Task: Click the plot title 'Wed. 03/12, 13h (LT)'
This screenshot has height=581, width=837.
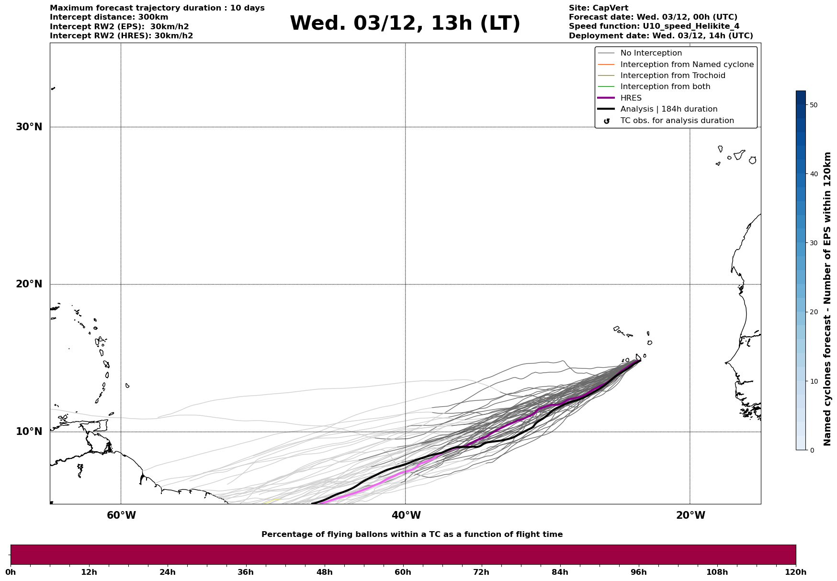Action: [x=405, y=23]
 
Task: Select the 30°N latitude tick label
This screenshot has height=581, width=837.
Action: [x=29, y=127]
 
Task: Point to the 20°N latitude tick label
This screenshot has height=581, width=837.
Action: [x=29, y=284]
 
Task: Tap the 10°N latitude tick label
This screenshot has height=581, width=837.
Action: [x=29, y=432]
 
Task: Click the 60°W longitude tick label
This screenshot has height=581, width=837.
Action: [x=121, y=515]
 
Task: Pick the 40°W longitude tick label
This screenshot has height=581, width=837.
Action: [x=406, y=515]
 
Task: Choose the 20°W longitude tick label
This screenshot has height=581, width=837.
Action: [x=690, y=515]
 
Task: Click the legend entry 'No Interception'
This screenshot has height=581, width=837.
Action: [x=651, y=53]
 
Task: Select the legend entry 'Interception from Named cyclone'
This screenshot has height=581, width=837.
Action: [x=687, y=65]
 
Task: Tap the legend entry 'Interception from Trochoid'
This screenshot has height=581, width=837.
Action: [x=672, y=76]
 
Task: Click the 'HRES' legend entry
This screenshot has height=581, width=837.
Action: [x=631, y=98]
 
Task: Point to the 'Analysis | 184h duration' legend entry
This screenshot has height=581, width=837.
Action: [x=668, y=109]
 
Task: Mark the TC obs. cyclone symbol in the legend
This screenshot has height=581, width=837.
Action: [x=607, y=121]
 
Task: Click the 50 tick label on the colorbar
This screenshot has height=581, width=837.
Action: [x=813, y=105]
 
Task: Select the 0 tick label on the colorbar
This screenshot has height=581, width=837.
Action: [x=811, y=450]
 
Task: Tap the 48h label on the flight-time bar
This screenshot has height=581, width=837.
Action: [x=324, y=572]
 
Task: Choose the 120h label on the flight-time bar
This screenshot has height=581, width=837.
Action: [x=796, y=572]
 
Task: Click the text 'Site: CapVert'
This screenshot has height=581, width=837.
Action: [x=598, y=8]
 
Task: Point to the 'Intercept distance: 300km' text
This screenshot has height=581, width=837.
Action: [x=109, y=17]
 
